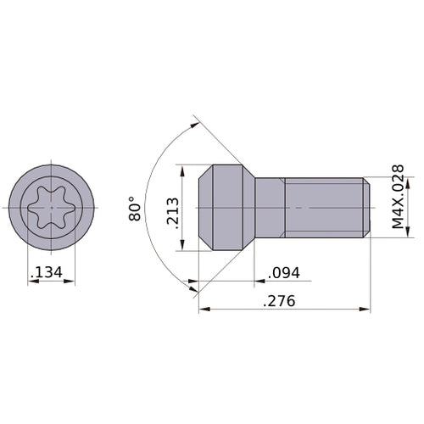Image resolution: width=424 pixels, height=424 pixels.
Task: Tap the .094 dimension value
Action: pos(282,273)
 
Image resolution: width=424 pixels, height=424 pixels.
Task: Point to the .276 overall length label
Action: pos(280,301)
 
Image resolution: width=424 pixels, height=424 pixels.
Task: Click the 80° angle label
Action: pos(135,207)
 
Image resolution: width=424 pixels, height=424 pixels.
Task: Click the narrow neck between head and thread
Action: pos(269,208)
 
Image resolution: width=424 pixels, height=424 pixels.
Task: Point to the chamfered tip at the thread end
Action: pos(367,208)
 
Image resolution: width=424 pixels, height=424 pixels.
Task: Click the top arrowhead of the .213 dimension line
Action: pos(182,168)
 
